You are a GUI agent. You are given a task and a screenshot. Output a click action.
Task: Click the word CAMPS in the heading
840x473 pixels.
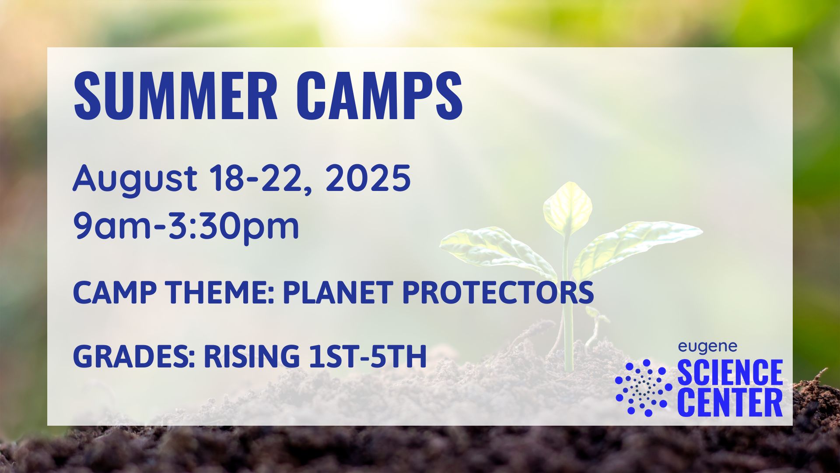(x=382, y=95)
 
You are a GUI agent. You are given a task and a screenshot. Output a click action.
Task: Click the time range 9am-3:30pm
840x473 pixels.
(x=186, y=226)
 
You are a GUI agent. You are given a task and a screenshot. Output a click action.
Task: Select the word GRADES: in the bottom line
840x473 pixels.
(x=134, y=356)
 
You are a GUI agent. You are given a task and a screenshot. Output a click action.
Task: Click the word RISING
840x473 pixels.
(x=252, y=356)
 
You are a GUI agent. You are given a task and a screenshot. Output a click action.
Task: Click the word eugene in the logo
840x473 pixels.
(x=707, y=347)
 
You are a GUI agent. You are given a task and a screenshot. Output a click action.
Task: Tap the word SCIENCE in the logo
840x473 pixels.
(x=730, y=372)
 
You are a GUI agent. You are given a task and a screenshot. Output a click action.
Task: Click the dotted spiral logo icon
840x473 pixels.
(x=643, y=388)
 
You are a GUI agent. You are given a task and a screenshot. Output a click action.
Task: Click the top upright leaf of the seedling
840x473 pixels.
(x=567, y=208)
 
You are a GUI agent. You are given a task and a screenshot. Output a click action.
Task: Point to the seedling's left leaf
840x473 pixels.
(x=494, y=250)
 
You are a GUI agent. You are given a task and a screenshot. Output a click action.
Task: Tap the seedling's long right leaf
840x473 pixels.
(x=634, y=247)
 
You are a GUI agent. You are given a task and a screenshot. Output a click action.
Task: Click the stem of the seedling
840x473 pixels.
(x=567, y=307)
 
